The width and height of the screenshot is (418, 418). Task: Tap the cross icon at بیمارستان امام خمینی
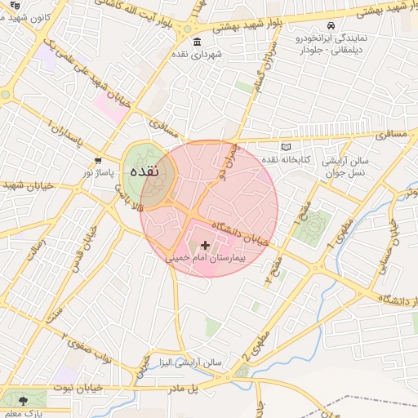(x=204, y=244)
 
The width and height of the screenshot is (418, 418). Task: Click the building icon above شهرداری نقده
(x=195, y=42)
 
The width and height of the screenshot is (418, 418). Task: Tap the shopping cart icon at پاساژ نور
(x=98, y=161)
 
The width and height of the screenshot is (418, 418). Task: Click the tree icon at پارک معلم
(x=22, y=400)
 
